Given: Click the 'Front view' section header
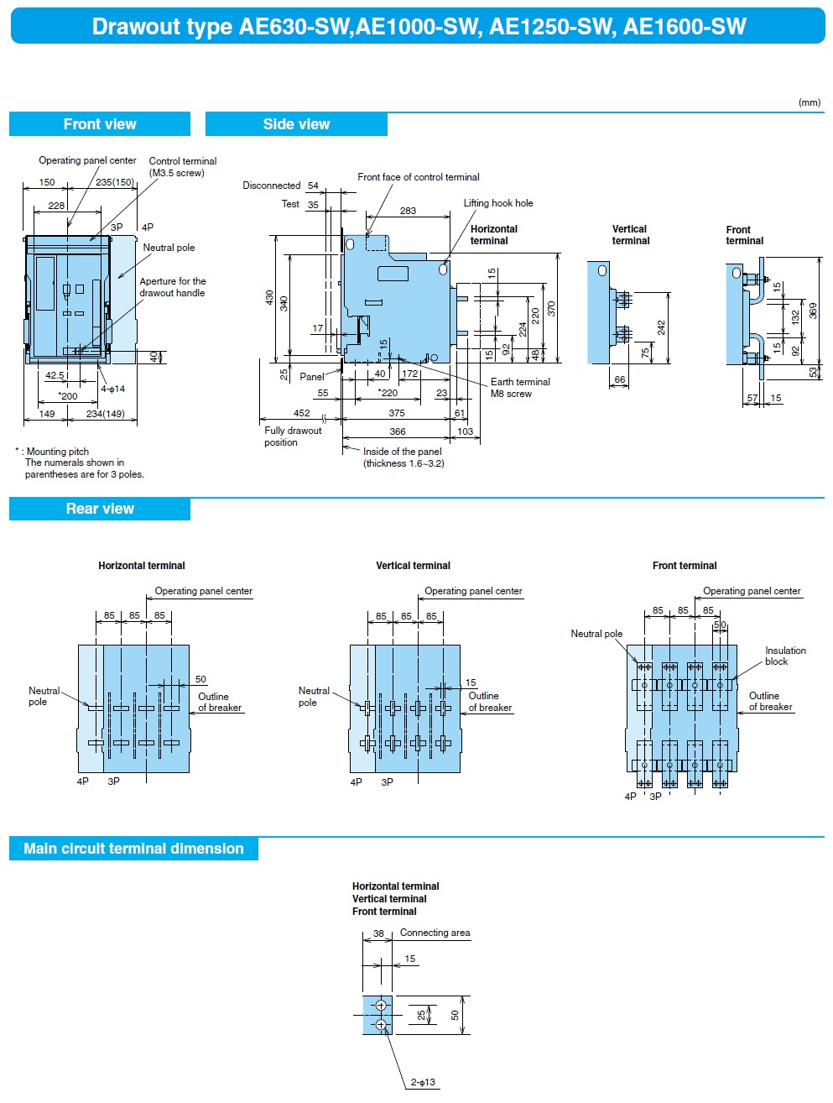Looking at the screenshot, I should tap(100, 124).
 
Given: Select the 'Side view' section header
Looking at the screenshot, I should tap(296, 124).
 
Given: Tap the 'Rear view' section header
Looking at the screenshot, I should tap(100, 509).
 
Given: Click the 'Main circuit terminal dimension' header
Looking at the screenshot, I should tap(133, 849).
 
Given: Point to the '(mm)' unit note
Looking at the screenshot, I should tap(809, 102).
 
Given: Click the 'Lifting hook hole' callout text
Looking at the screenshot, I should tap(498, 203).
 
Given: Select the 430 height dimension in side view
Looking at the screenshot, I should tap(269, 297).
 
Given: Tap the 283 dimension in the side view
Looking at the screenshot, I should tap(408, 211).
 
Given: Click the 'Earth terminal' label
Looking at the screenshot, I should tap(520, 382).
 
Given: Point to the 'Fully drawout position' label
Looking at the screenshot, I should tap(293, 436).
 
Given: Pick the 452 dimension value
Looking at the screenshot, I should tap(301, 413).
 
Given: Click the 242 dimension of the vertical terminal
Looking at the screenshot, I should tap(661, 327).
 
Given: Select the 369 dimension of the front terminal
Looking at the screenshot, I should tap(813, 310).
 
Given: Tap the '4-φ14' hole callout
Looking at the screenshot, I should tap(112, 389).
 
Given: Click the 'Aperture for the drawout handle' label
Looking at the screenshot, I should tap(172, 287).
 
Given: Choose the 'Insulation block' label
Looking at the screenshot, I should tap(785, 656).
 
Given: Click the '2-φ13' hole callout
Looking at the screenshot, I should tap(423, 1082).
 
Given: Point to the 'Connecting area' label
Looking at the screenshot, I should tap(435, 933).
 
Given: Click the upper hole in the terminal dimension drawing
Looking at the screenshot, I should tap(381, 1006).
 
